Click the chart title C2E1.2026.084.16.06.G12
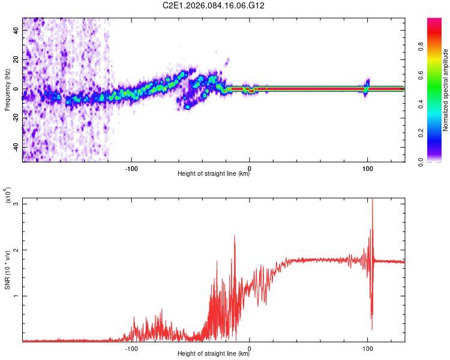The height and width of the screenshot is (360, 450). [226, 5]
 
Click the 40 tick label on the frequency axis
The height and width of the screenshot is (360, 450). [16, 31]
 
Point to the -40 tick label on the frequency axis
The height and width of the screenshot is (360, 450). [15, 147]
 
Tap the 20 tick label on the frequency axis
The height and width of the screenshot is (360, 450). [16, 60]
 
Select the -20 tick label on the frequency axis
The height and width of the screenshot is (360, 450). [15, 118]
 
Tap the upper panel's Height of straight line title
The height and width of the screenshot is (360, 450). [214, 174]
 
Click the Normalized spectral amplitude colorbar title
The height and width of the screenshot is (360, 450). [446, 90]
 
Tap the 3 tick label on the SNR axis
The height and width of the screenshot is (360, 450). [16, 204]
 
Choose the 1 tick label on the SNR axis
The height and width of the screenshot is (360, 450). [16, 296]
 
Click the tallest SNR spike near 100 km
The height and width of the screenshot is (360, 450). [373, 200]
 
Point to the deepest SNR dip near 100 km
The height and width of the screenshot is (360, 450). [372, 329]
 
